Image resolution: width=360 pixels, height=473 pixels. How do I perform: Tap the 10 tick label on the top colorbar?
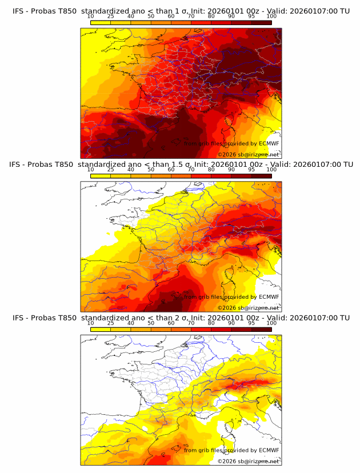90,17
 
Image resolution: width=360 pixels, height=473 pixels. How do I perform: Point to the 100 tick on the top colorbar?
271,17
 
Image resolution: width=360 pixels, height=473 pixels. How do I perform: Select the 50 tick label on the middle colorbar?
151,170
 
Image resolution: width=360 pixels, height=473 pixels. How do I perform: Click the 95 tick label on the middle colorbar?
251,170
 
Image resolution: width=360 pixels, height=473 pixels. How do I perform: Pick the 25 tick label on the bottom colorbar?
110,323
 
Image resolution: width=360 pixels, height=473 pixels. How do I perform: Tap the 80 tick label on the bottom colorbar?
211,323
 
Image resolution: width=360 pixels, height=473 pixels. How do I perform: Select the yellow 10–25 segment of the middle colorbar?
101,175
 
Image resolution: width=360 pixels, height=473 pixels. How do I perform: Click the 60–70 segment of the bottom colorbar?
181,328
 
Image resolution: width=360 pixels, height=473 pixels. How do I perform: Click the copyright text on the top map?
248,155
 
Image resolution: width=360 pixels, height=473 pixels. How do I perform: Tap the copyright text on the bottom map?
248,461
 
